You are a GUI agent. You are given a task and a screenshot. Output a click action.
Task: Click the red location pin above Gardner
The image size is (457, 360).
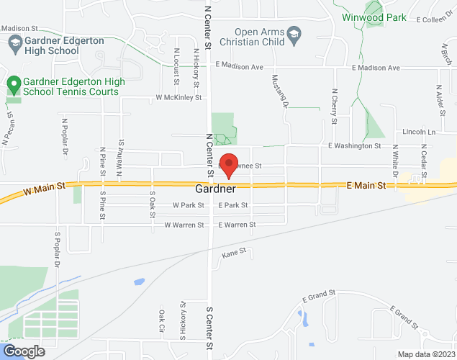point(229,166)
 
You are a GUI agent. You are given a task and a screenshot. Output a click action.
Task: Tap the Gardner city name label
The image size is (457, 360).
point(215,190)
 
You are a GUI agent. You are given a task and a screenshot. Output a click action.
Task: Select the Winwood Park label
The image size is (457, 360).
point(374,17)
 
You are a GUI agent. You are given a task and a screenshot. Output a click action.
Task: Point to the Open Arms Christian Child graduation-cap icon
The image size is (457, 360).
point(294,35)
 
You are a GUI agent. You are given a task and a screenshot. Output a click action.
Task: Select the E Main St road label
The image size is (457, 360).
point(366,186)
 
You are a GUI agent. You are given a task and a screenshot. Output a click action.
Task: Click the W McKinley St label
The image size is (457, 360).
point(178,97)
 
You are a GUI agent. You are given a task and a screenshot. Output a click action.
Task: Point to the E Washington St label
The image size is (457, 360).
point(354,146)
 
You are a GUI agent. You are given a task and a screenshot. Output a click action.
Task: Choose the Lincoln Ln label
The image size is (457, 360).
point(420,132)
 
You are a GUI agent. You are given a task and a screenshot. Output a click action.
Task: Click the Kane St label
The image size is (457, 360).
point(234,253)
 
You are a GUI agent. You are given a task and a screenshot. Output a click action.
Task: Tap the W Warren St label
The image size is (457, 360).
point(185,225)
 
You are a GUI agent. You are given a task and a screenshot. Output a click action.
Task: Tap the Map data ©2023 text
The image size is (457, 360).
point(426,354)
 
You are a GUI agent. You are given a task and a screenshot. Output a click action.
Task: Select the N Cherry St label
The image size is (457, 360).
point(334,106)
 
